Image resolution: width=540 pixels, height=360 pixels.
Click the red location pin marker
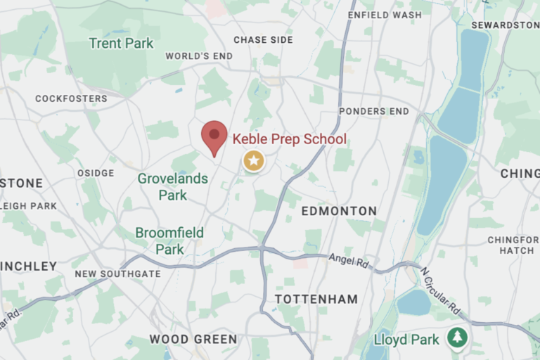pyautogui.click(x=214, y=136)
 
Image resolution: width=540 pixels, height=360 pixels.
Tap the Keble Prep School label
pyautogui.click(x=289, y=139)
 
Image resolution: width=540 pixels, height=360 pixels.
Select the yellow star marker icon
pyautogui.click(x=254, y=161)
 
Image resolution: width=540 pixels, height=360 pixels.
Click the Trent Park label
pyautogui.click(x=121, y=44)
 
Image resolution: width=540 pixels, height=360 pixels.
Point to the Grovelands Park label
pyautogui.click(x=172, y=186)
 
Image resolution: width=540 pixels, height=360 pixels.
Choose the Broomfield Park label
pyautogui.click(x=169, y=240)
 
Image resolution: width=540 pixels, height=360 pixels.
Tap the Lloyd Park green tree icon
pyautogui.click(x=458, y=337)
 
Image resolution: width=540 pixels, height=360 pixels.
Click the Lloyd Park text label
pyautogui.click(x=406, y=340)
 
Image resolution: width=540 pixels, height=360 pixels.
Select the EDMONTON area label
pyautogui.click(x=339, y=211)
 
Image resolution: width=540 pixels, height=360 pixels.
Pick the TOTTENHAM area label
pyautogui.click(x=316, y=299)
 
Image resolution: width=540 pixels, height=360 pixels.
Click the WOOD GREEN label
pyautogui.click(x=193, y=339)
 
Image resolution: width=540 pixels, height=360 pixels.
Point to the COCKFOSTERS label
pyautogui.click(x=71, y=98)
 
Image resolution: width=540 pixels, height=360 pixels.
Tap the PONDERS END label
pyautogui.click(x=373, y=111)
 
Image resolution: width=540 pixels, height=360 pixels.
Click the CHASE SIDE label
pyautogui.click(x=263, y=40)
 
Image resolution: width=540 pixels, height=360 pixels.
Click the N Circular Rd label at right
pyautogui.click(x=439, y=290)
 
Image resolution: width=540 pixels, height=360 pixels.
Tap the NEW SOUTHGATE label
pyautogui.click(x=117, y=274)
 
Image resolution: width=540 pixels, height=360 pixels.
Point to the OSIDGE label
pyautogui.click(x=95, y=173)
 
